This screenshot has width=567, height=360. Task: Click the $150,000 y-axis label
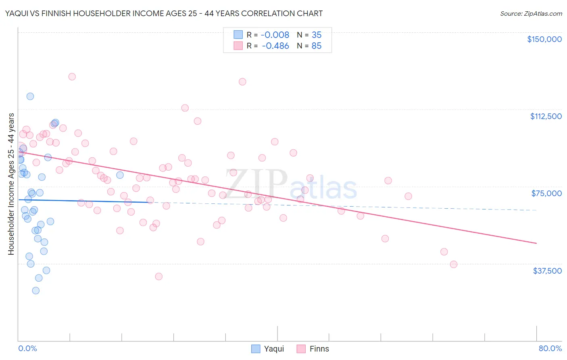(x=544, y=39)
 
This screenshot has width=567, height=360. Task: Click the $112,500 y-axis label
(x=546, y=116)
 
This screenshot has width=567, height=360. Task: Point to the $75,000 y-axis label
(x=546, y=193)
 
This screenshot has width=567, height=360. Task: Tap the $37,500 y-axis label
(x=547, y=271)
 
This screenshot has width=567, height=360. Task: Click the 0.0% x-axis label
(x=27, y=348)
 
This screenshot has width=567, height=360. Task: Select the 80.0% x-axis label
(x=550, y=348)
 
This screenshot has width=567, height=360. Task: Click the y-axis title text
(x=11, y=184)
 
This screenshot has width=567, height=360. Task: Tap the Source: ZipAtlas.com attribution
(x=531, y=14)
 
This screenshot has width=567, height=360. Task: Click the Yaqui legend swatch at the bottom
(x=256, y=349)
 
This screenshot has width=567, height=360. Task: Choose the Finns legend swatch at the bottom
(x=301, y=349)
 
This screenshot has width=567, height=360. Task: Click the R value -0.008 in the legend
(x=275, y=35)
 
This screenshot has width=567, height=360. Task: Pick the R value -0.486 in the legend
(x=275, y=46)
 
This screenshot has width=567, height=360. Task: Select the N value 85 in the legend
(x=317, y=46)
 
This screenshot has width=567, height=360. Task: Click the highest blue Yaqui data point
(x=30, y=96)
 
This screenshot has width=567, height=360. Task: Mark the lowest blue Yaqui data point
(x=36, y=291)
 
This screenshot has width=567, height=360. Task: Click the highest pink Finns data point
(x=72, y=77)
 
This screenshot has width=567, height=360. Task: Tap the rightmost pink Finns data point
(x=454, y=264)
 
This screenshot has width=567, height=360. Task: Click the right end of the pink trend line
(x=536, y=243)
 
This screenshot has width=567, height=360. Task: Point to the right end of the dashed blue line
(x=536, y=210)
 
